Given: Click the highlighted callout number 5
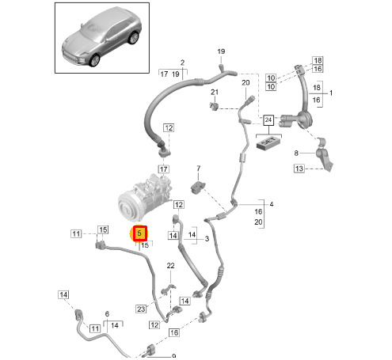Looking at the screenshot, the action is [139, 233].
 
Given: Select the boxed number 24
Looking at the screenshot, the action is [268, 120].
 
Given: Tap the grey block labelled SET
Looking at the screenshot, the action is [268, 143].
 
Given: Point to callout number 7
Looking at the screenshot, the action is [199, 168].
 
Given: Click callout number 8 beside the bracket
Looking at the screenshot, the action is [296, 153].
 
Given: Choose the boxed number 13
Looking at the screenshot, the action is [299, 169].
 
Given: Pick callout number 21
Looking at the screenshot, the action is [215, 92].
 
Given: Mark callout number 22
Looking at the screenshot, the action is [170, 266].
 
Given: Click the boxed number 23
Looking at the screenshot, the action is [141, 309].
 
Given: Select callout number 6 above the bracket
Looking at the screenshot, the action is [107, 314].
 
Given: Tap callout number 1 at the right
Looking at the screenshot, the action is [331, 93].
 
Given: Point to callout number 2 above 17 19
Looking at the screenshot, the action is [182, 63].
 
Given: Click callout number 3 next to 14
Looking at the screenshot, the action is [207, 239].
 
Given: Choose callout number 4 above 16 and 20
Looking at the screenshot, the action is [272, 204].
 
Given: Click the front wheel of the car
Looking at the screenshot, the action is [94, 60].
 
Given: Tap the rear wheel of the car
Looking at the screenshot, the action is [133, 37].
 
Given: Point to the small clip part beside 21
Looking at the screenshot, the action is [214, 106].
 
